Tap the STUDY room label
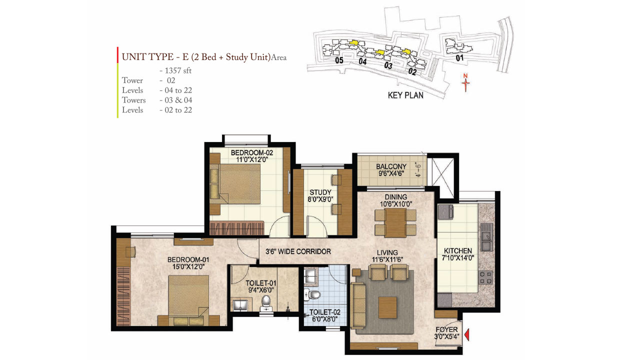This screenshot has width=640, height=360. pyautogui.click(x=317, y=192)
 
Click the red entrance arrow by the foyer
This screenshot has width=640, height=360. pyautogui.click(x=467, y=334)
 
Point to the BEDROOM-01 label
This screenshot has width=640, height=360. pyautogui.click(x=188, y=260)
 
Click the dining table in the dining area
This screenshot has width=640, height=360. pyautogui.click(x=395, y=222)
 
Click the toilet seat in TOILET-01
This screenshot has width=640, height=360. pyautogui.click(x=266, y=301)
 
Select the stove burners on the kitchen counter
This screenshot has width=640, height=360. pyautogui.click(x=485, y=277)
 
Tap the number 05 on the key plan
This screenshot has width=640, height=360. pyautogui.click(x=339, y=60)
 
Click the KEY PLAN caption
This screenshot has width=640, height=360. pyautogui.click(x=405, y=95)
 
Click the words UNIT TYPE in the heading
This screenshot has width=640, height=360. pyautogui.click(x=143, y=57)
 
